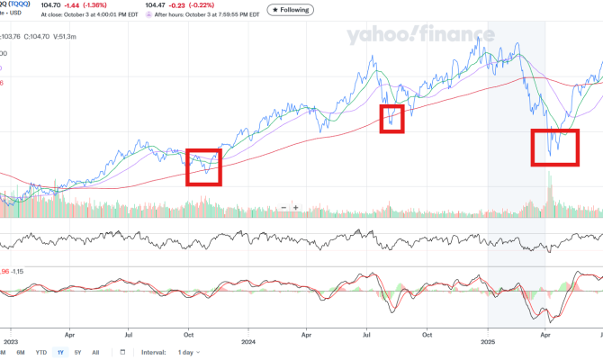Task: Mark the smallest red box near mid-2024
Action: pos(391,119)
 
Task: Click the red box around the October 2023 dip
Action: pos(203,166)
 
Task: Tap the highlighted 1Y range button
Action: pos(60,352)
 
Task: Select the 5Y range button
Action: pos(79,352)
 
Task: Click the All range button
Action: pos(96,352)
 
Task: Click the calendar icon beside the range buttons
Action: pos(122,352)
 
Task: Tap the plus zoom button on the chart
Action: pos(295,208)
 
